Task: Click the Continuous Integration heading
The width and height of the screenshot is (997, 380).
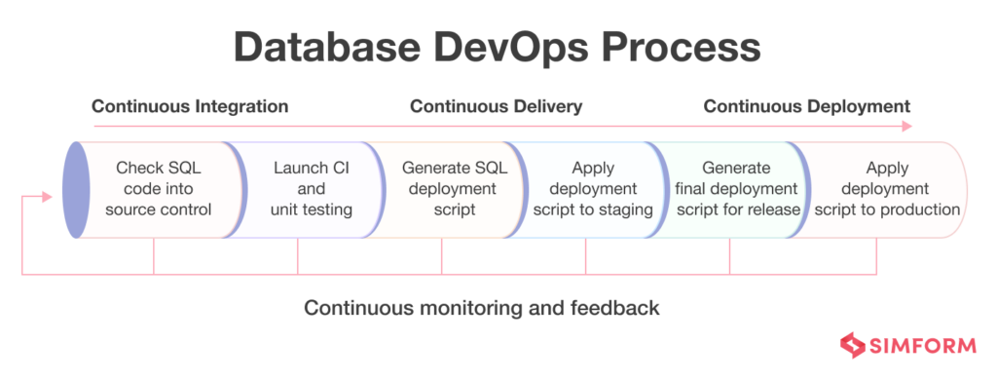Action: (190, 106)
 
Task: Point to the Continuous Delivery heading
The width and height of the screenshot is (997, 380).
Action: (496, 106)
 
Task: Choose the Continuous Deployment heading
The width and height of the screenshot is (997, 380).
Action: (806, 106)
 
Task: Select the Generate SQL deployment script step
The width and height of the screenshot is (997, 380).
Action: (451, 188)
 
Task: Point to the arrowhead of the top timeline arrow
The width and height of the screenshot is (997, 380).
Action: (907, 126)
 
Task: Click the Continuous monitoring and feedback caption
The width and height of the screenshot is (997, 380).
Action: (482, 308)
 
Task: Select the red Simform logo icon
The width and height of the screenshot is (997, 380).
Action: (852, 346)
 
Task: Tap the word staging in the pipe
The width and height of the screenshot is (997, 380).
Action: (622, 209)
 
